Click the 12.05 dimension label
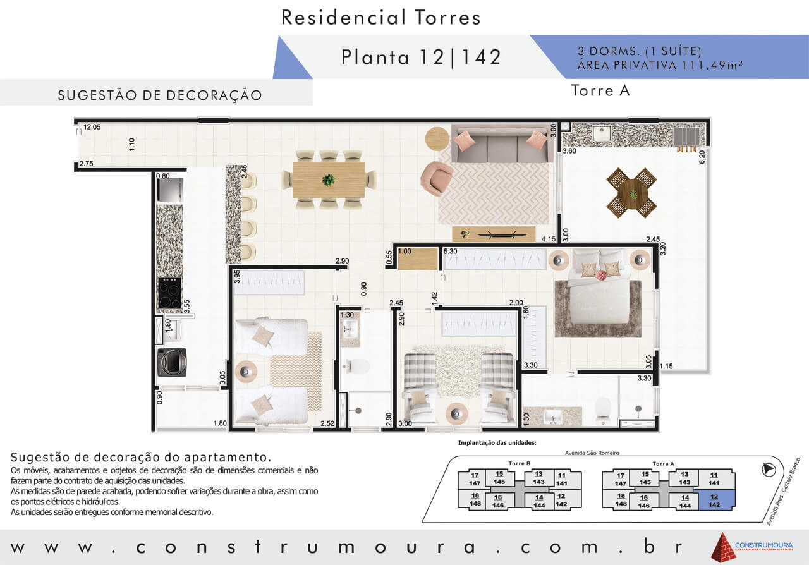click(92, 127)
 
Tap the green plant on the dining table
click(328, 179)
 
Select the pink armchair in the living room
click(436, 178)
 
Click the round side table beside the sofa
click(437, 138)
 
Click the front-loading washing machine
click(172, 362)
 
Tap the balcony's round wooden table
click(631, 193)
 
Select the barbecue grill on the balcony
click(686, 137)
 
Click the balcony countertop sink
click(601, 133)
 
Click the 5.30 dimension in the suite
click(451, 251)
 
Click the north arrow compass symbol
click(769, 470)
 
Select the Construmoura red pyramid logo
click(724, 547)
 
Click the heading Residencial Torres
click(381, 18)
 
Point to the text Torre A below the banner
click(600, 90)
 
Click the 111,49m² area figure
click(712, 65)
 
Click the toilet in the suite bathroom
click(603, 410)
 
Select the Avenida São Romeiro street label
click(592, 453)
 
